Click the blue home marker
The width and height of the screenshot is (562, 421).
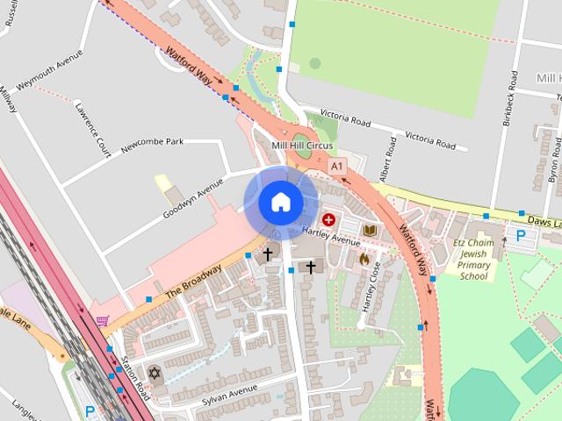coord(280,203)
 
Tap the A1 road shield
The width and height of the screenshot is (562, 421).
coord(336,166)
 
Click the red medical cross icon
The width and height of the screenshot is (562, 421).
coord(328,219)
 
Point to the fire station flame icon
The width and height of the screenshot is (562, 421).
coord(364,260)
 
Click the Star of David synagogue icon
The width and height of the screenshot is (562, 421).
coord(155,374)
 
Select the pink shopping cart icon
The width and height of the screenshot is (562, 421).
coord(103,321)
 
